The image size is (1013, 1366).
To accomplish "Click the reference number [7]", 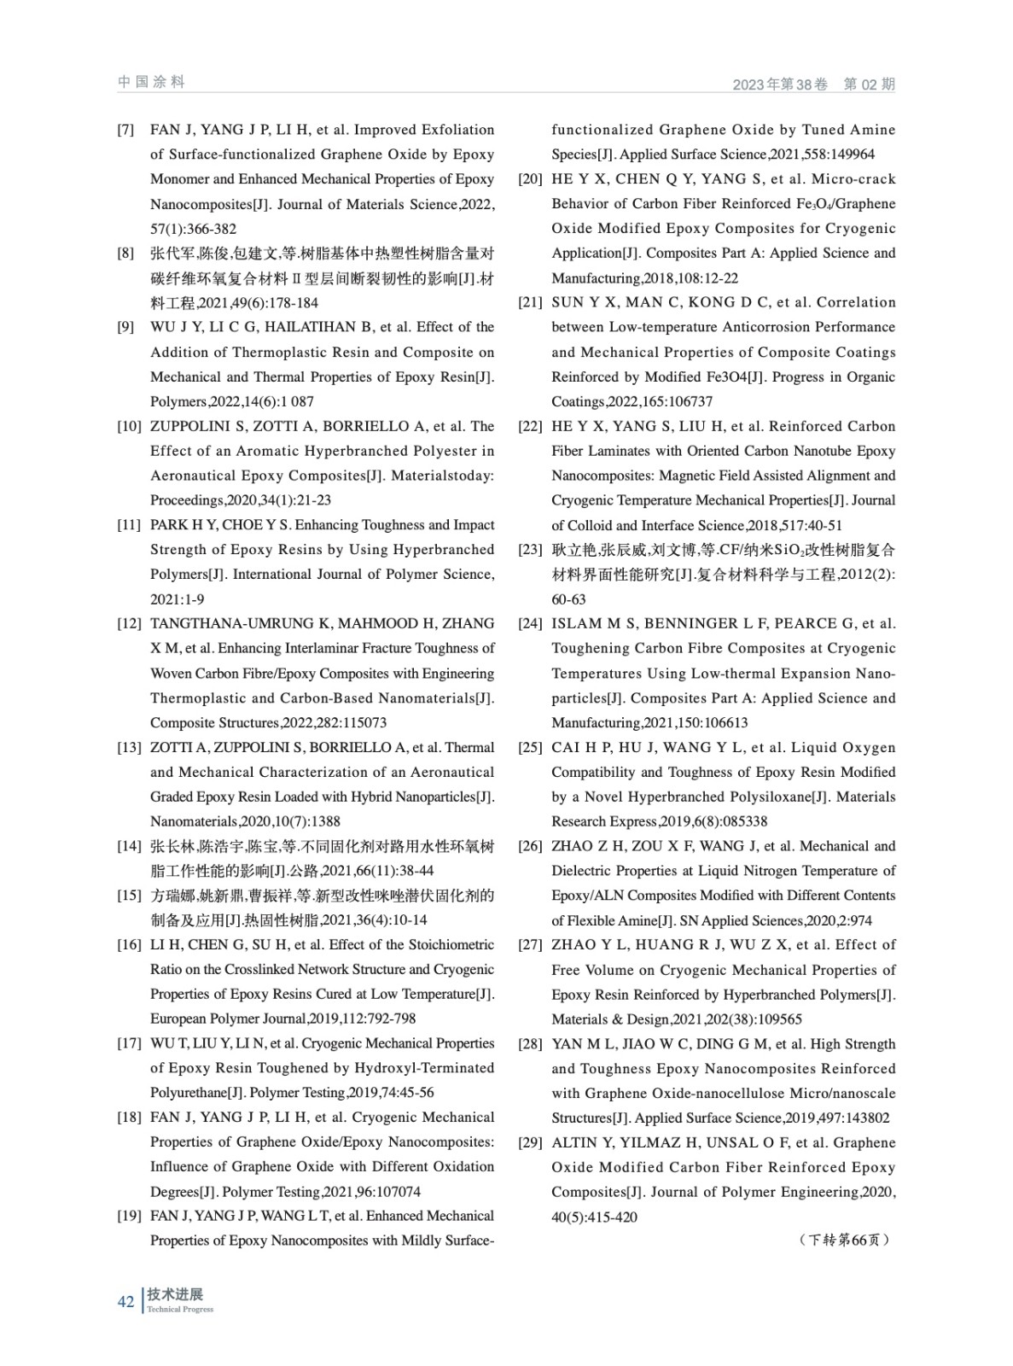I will (125, 131).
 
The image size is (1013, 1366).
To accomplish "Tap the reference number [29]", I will (530, 1142).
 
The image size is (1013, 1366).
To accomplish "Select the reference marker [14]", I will (129, 847).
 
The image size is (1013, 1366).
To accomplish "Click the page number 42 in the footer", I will (126, 1301).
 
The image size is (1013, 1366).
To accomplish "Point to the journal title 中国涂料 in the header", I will (151, 82).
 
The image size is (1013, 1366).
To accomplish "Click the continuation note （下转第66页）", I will (844, 1240).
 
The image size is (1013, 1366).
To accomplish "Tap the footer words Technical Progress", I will (180, 1310).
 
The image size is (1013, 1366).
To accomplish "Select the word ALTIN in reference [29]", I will (573, 1142).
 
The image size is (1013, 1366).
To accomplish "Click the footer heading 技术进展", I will (175, 1294).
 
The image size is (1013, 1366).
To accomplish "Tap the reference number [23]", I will (530, 550).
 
